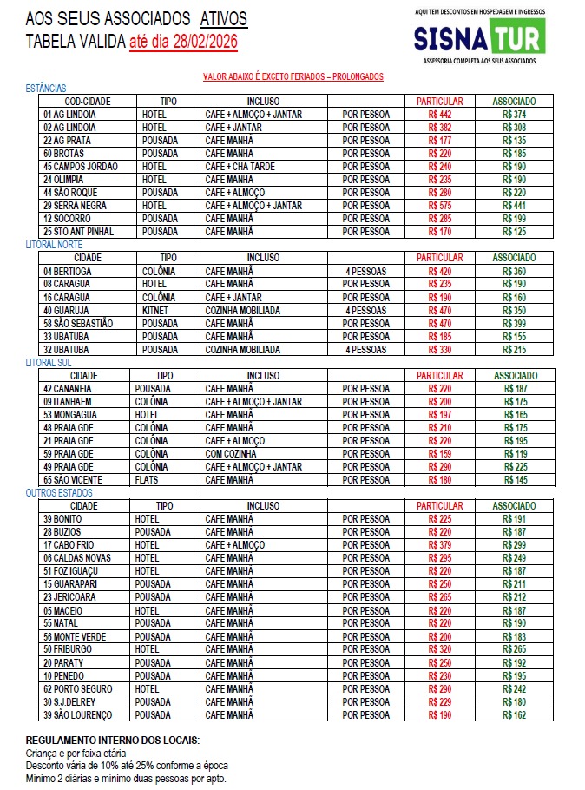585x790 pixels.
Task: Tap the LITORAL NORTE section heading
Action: (x=54, y=245)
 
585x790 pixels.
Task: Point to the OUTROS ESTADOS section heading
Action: (x=59, y=493)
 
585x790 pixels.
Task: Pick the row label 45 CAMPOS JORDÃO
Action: (x=80, y=166)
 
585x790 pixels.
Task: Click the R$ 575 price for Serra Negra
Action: (x=440, y=205)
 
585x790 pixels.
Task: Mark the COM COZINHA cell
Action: (x=231, y=454)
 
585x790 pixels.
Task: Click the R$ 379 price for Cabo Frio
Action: (x=440, y=545)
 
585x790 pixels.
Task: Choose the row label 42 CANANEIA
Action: (x=69, y=389)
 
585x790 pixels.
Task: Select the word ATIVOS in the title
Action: (x=223, y=18)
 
